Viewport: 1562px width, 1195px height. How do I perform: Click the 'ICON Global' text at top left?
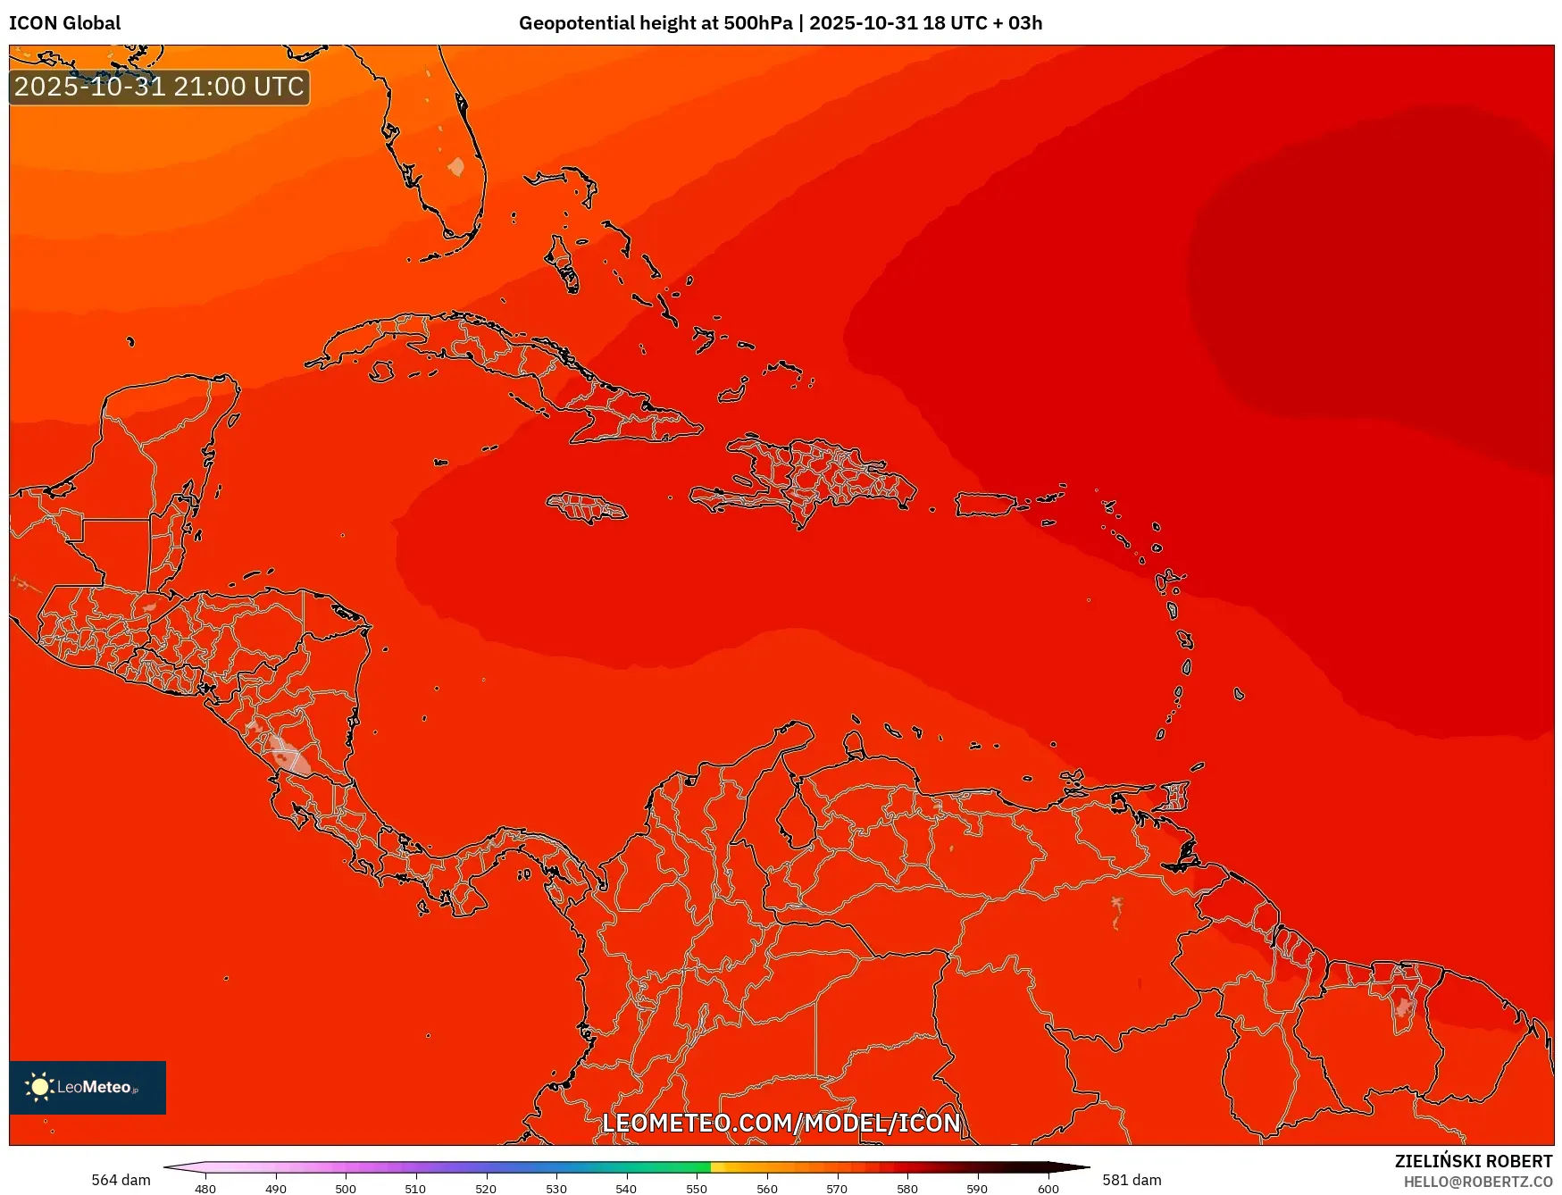click(x=64, y=23)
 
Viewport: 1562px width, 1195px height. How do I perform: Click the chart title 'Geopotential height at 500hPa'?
click(x=655, y=23)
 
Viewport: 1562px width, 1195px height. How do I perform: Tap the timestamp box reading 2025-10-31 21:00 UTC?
click(x=159, y=88)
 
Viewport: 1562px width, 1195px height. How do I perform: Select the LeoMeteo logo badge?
click(x=88, y=1087)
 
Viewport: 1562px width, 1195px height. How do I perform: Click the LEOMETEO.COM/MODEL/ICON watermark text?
click(x=781, y=1123)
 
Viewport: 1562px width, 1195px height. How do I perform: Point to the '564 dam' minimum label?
click(x=121, y=1180)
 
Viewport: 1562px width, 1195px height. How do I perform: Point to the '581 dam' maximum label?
click(x=1132, y=1180)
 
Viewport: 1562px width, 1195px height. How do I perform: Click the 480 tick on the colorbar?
click(x=205, y=1189)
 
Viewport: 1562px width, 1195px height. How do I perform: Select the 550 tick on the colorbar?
click(x=697, y=1189)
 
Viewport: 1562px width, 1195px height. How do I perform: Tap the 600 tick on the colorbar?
click(x=1048, y=1189)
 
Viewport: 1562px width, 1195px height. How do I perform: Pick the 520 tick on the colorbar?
click(x=486, y=1189)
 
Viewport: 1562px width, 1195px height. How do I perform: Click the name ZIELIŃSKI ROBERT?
click(x=1474, y=1161)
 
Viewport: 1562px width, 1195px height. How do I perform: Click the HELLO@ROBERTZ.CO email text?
click(x=1477, y=1182)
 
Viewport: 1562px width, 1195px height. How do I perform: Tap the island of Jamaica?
click(x=586, y=508)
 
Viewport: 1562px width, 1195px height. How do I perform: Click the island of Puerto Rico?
click(x=985, y=505)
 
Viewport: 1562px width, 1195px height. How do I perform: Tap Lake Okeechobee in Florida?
click(x=456, y=167)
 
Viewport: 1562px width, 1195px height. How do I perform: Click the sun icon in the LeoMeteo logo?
click(x=39, y=1086)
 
